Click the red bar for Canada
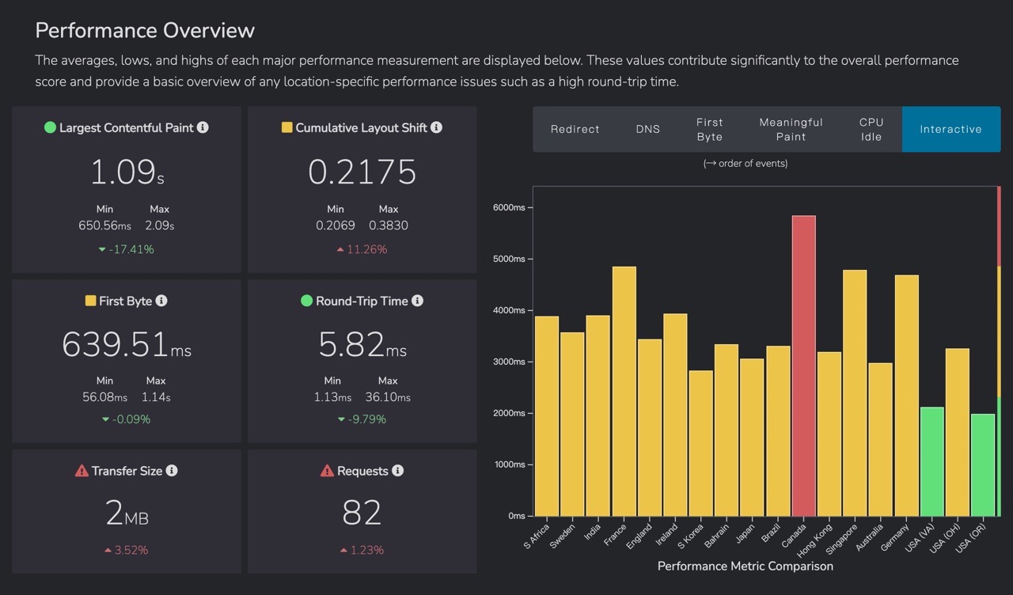pyautogui.click(x=803, y=366)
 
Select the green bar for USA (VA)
pyautogui.click(x=932, y=461)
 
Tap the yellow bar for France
pyautogui.click(x=624, y=391)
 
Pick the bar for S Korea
pyautogui.click(x=701, y=443)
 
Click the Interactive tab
pyautogui.click(x=951, y=129)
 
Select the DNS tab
pyautogui.click(x=648, y=129)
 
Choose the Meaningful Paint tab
pyautogui.click(x=791, y=129)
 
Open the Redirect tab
pyautogui.click(x=575, y=129)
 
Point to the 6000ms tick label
pyautogui.click(x=509, y=207)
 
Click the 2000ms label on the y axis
pyautogui.click(x=509, y=413)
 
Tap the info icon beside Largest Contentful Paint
pyautogui.click(x=203, y=127)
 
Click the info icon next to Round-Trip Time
pyautogui.click(x=417, y=301)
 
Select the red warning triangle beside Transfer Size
pyautogui.click(x=82, y=471)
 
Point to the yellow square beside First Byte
pyautogui.click(x=90, y=301)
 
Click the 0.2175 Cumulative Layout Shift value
pyautogui.click(x=362, y=172)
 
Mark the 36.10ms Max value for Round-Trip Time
pyautogui.click(x=388, y=397)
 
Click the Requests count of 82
pyautogui.click(x=362, y=513)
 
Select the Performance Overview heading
pyautogui.click(x=145, y=31)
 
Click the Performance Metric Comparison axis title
pyautogui.click(x=746, y=566)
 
